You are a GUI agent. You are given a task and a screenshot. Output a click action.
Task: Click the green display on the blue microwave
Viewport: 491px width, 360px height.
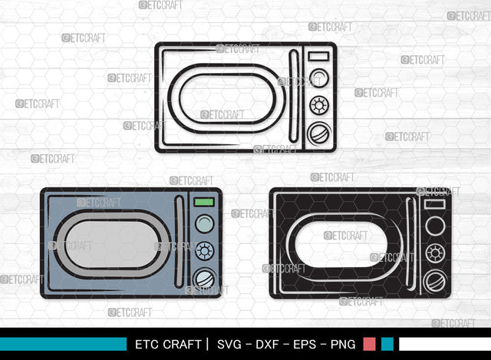pyautogui.click(x=203, y=203)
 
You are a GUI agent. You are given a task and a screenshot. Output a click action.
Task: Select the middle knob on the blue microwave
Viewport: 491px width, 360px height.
pyautogui.click(x=204, y=250)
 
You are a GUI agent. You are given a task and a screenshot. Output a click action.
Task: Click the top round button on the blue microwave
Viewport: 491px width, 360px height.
pyautogui.click(x=204, y=224)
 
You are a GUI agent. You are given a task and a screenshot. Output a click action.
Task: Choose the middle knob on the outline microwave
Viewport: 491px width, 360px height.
pyautogui.click(x=318, y=105)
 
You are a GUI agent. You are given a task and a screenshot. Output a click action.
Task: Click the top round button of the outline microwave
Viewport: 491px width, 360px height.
pyautogui.click(x=318, y=79)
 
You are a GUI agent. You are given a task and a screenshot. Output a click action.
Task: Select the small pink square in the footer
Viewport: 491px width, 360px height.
pyautogui.click(x=370, y=344)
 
